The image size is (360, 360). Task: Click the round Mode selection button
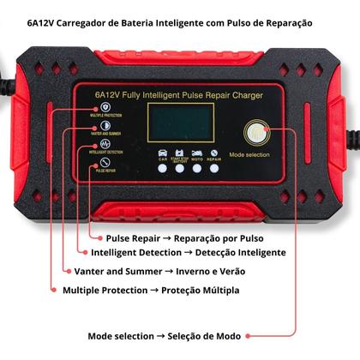point(255,133)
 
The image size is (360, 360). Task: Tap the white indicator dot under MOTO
point(197,167)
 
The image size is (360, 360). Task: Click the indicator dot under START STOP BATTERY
point(180,167)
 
